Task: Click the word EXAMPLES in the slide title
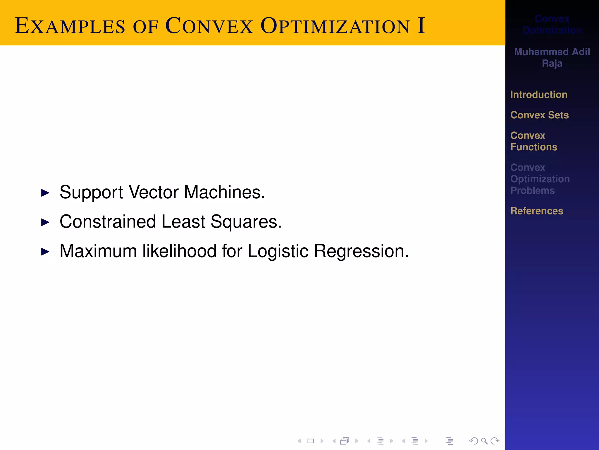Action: click(70, 26)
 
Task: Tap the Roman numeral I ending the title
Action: click(421, 26)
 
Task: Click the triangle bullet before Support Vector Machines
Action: click(45, 193)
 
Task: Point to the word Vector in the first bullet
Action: click(154, 192)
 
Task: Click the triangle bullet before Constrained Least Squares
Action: click(45, 222)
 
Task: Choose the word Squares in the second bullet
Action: click(246, 222)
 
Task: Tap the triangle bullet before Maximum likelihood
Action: click(45, 252)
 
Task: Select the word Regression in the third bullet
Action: click(361, 251)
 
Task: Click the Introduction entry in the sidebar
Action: click(539, 95)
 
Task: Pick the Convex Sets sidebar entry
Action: click(539, 115)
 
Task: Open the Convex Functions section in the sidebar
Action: click(533, 141)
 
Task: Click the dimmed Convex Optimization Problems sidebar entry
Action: click(540, 179)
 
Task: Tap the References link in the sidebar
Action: click(537, 211)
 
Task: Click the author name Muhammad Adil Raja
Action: click(552, 57)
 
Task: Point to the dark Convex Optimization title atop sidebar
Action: click(552, 25)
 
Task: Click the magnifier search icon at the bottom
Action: click(484, 441)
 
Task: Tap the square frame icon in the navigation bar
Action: click(311, 441)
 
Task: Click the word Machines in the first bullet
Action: click(224, 192)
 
